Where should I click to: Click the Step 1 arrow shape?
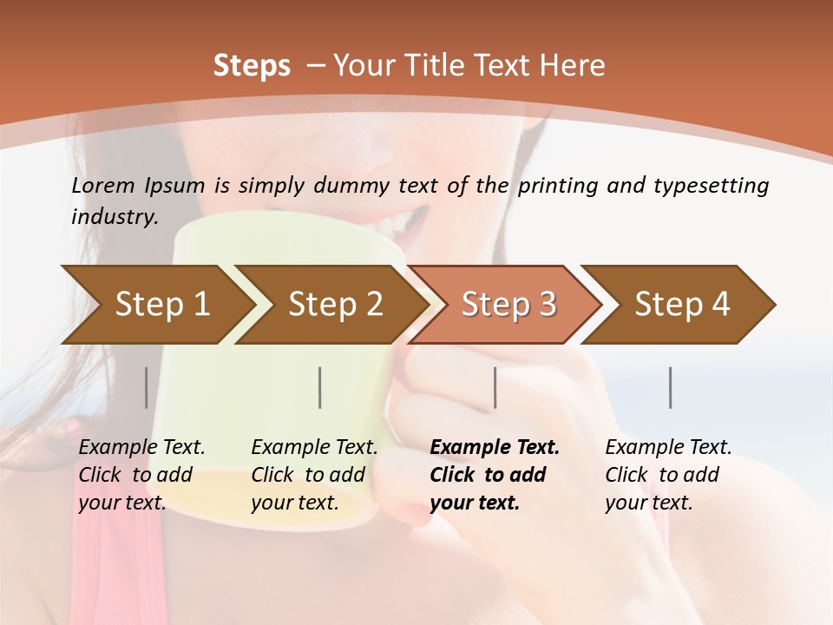click(161, 305)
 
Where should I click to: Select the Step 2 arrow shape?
click(334, 305)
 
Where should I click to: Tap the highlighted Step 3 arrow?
click(508, 305)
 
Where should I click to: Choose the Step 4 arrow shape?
click(681, 305)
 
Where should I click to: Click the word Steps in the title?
click(252, 66)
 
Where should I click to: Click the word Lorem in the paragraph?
click(103, 185)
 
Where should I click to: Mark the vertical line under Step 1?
click(147, 387)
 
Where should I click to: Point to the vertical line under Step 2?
click(320, 387)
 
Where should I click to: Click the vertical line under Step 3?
click(495, 387)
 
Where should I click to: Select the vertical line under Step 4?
click(670, 387)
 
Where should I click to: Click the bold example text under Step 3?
click(494, 475)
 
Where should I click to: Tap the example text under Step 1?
click(141, 475)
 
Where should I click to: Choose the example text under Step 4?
click(668, 475)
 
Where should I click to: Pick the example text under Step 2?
click(314, 475)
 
